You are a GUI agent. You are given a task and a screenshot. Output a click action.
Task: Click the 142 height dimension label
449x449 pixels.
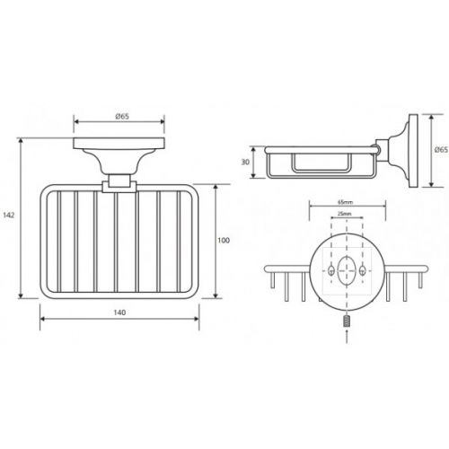(x=9, y=215)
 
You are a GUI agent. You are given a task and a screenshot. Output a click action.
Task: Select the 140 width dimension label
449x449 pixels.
(x=119, y=313)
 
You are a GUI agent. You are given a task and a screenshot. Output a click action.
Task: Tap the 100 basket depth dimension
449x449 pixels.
(x=224, y=241)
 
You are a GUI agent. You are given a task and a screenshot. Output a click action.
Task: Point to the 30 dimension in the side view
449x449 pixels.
(x=245, y=163)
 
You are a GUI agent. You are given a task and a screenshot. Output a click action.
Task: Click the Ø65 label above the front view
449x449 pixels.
(x=122, y=117)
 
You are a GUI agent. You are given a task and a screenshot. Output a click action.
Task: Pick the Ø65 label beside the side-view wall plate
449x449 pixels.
(x=441, y=150)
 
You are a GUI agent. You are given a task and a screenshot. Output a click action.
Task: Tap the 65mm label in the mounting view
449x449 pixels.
(x=346, y=202)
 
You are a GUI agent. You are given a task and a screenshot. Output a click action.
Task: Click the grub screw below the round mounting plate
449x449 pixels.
(x=347, y=321)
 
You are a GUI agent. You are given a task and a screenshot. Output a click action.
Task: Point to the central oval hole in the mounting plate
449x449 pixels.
(x=347, y=270)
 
